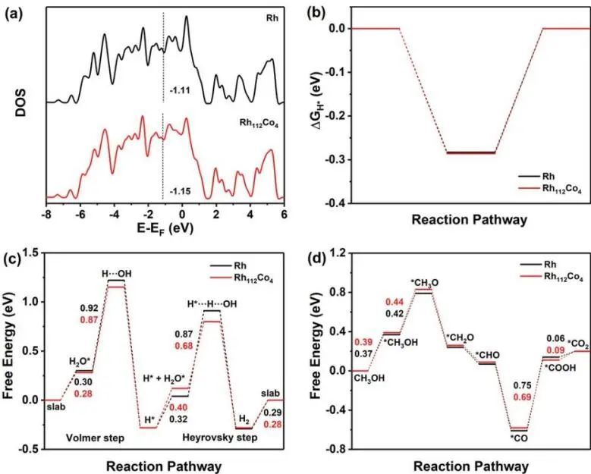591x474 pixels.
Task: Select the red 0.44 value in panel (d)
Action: tap(394, 302)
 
